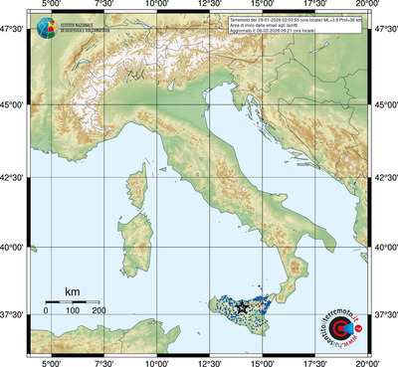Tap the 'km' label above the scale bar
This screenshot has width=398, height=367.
pyautogui.click(x=72, y=291)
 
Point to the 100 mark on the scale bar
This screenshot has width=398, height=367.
pyautogui.click(x=72, y=311)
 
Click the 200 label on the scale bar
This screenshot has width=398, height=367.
pyautogui.click(x=99, y=311)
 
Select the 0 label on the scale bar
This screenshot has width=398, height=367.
pyautogui.click(x=46, y=311)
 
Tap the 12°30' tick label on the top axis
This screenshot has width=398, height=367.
pyautogui.click(x=209, y=6)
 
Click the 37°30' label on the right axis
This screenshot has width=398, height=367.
pyautogui.click(x=384, y=314)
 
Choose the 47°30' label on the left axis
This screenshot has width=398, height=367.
pyautogui.click(x=15, y=30)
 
